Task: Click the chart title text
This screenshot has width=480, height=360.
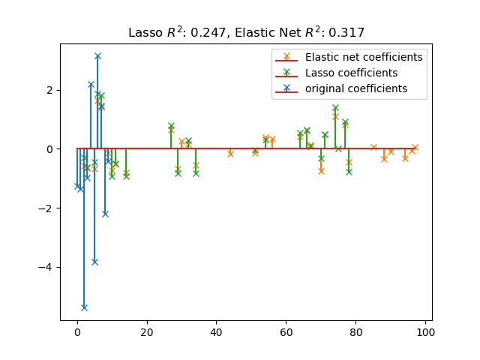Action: pos(246,32)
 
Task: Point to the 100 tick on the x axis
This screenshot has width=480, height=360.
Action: pos(425,332)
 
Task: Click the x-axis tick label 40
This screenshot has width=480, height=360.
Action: pos(216,332)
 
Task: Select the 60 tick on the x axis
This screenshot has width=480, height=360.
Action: pos(286,332)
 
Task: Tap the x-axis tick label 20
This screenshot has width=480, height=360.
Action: pos(147,332)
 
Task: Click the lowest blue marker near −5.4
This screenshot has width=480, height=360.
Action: pos(84,307)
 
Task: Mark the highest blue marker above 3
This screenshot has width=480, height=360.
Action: pos(97,55)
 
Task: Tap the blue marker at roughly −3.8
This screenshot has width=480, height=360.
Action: pos(94,262)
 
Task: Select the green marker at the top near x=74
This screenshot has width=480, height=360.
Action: pos(335,108)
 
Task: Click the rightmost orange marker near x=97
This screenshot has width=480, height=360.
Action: pos(415,147)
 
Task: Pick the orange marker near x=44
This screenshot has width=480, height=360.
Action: pos(230,153)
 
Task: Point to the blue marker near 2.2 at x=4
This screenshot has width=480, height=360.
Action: pos(91,85)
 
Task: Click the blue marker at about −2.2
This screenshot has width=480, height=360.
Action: pos(105,214)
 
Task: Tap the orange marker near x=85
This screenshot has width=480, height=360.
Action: pos(373,147)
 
